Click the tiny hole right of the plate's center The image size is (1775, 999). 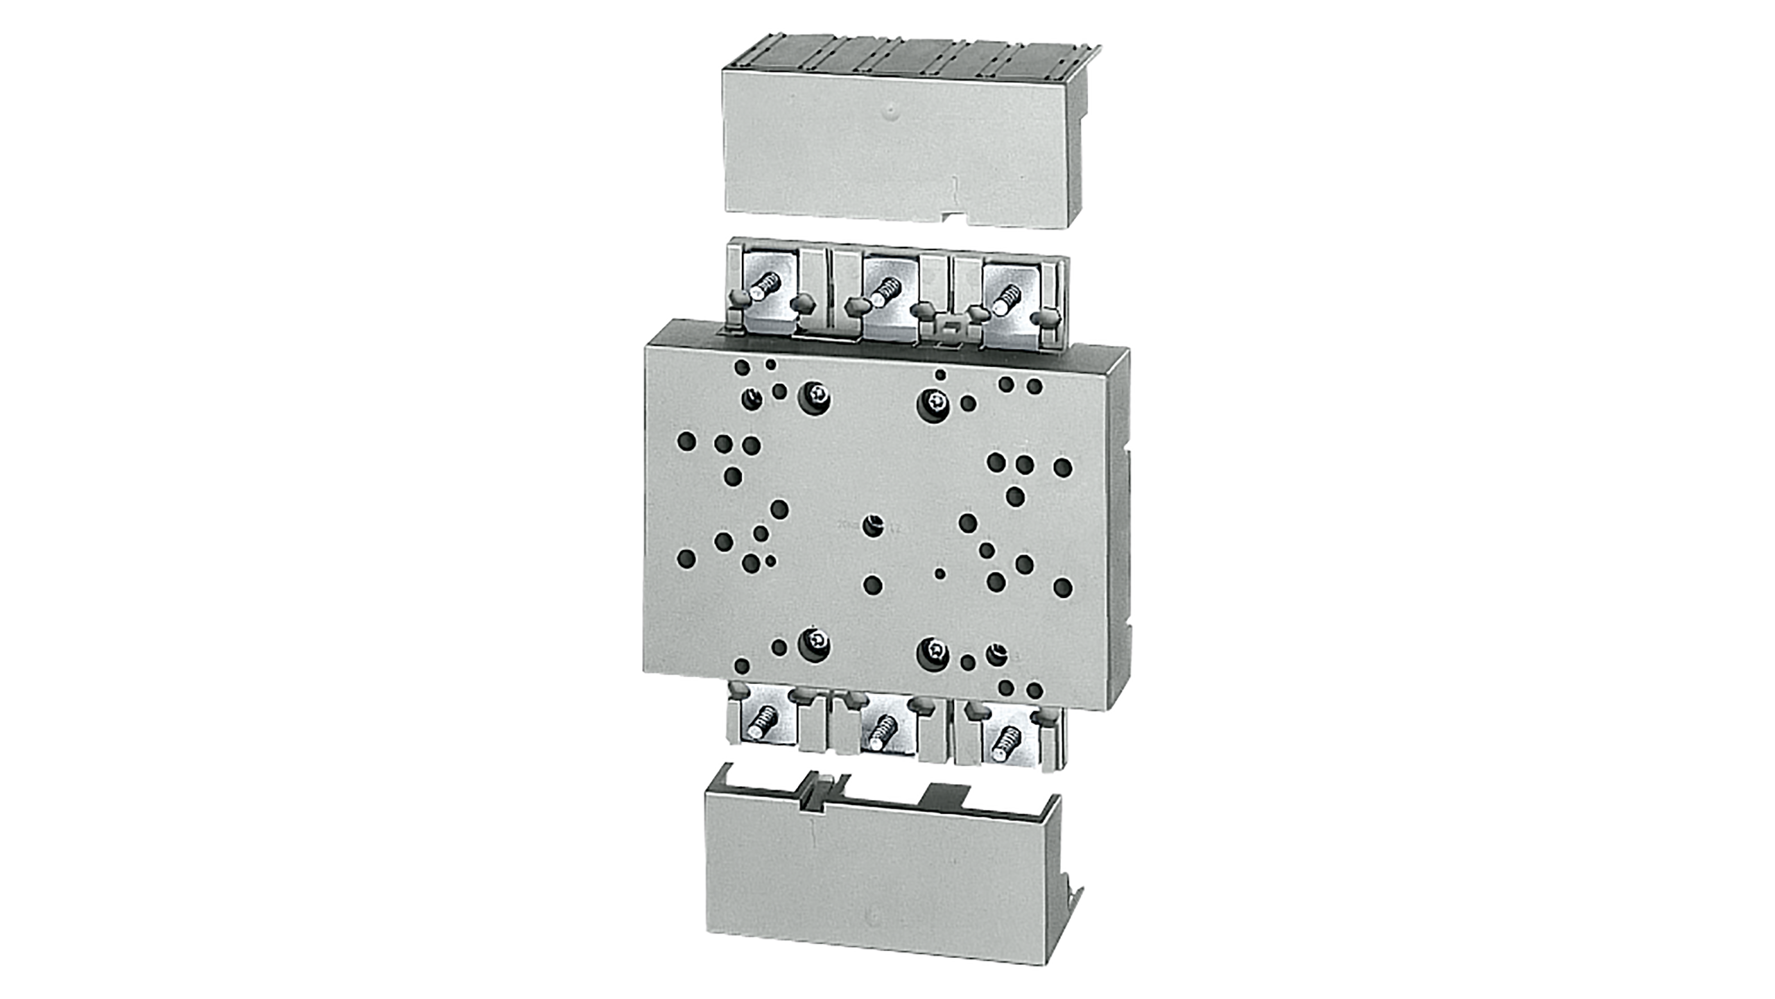point(940,573)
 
